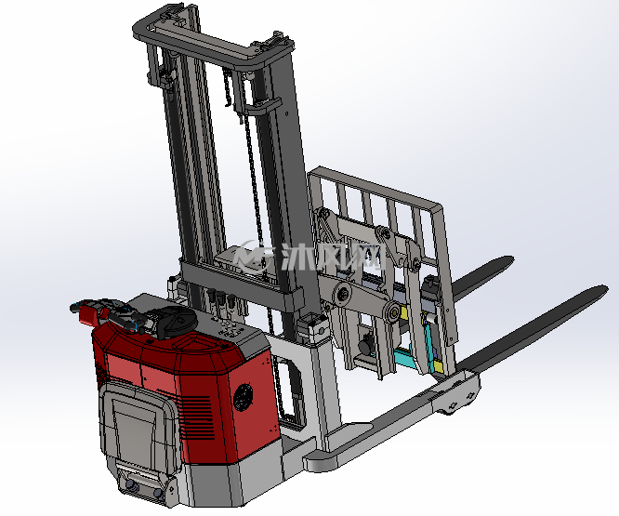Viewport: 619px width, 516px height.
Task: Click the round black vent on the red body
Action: click(x=244, y=397)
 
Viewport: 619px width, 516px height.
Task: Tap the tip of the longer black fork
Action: click(x=605, y=289)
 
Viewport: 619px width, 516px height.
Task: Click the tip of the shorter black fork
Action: click(x=511, y=259)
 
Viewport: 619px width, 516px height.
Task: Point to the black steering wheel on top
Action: click(x=175, y=323)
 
